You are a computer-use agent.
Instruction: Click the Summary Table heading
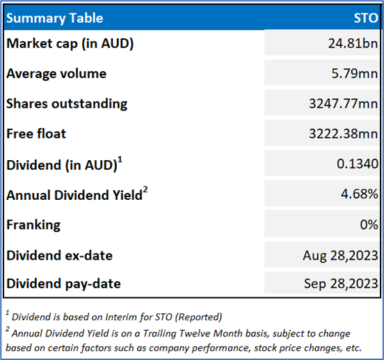pos(55,18)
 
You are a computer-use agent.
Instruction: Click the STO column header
pos(366,18)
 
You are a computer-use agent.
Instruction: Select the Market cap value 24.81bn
pos(353,43)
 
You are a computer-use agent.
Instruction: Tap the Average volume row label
pos(56,74)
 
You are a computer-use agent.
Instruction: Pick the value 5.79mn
pos(355,73)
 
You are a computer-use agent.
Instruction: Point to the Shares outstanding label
pos(67,104)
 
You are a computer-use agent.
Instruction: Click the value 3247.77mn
pos(344,104)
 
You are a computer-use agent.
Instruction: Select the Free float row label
pos(36,134)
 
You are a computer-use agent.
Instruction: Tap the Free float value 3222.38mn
pos(344,134)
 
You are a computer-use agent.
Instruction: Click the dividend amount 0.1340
pos(358,164)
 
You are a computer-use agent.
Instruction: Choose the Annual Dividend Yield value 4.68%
pos(359,194)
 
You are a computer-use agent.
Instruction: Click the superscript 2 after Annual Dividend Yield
pos(145,190)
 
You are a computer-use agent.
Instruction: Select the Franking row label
pos(33,225)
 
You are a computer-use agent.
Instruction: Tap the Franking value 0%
pos(369,224)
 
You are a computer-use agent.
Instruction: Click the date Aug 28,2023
pos(340,256)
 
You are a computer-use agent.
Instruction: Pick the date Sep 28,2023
pos(341,283)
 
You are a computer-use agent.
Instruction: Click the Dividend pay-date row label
pos(63,284)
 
